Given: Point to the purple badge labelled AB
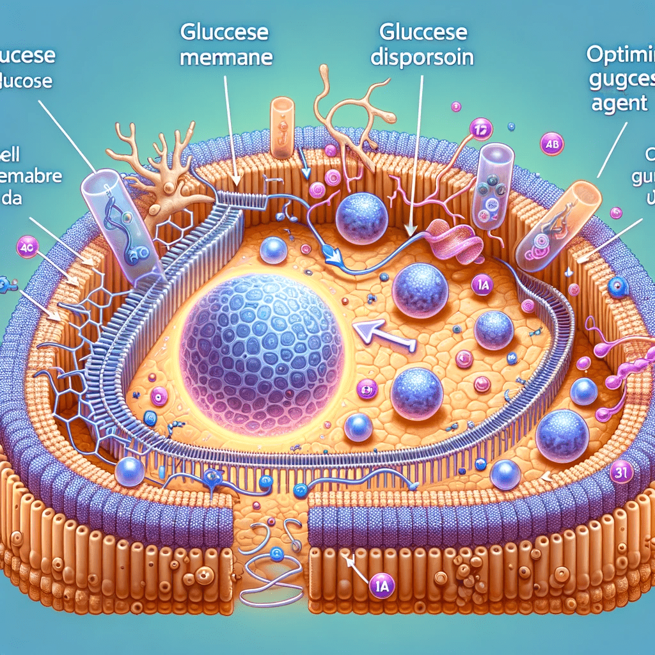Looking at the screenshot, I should tap(549, 145).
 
